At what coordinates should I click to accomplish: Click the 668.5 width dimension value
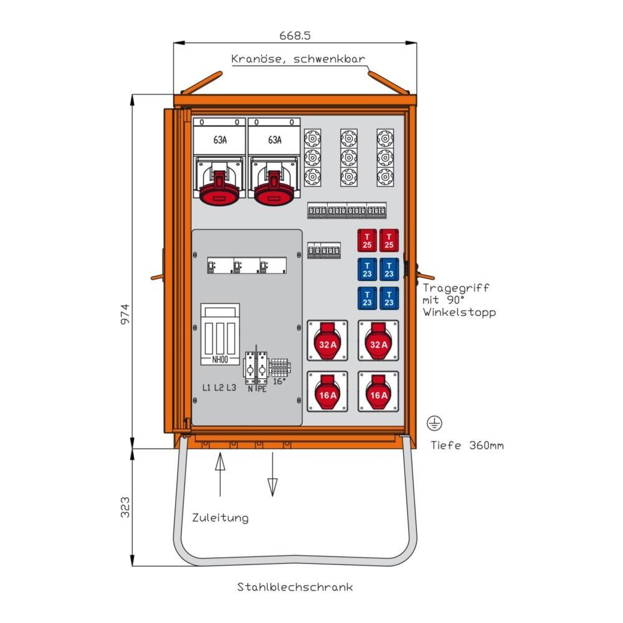(x=295, y=36)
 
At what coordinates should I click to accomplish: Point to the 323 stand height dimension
(x=125, y=507)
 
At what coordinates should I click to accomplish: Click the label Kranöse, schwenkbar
(x=298, y=60)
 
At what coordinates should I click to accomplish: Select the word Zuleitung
(x=220, y=518)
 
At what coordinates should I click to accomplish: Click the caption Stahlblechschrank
(x=295, y=587)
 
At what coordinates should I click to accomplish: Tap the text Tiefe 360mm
(x=467, y=445)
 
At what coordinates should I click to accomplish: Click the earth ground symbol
(x=434, y=424)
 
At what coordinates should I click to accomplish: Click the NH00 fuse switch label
(x=220, y=359)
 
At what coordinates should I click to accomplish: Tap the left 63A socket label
(x=220, y=140)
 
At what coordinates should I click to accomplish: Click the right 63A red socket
(x=273, y=189)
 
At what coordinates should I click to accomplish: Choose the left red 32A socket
(x=328, y=341)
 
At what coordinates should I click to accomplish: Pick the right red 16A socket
(x=378, y=392)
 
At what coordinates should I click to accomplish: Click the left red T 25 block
(x=367, y=240)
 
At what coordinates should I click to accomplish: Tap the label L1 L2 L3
(x=219, y=388)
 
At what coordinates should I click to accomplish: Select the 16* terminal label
(x=280, y=380)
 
